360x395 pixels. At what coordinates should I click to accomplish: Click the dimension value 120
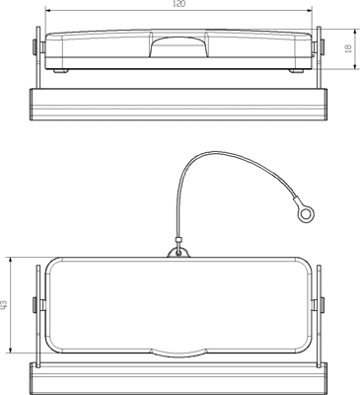[x=180, y=5]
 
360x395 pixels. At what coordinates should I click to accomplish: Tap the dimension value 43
[x=5, y=306]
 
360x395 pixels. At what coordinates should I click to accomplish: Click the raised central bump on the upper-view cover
[x=179, y=40]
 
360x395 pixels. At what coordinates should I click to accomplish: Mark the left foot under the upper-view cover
[x=61, y=70]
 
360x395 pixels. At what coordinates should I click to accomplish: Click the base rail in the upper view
[x=179, y=103]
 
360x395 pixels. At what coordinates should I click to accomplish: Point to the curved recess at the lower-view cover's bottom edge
[x=179, y=350]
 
